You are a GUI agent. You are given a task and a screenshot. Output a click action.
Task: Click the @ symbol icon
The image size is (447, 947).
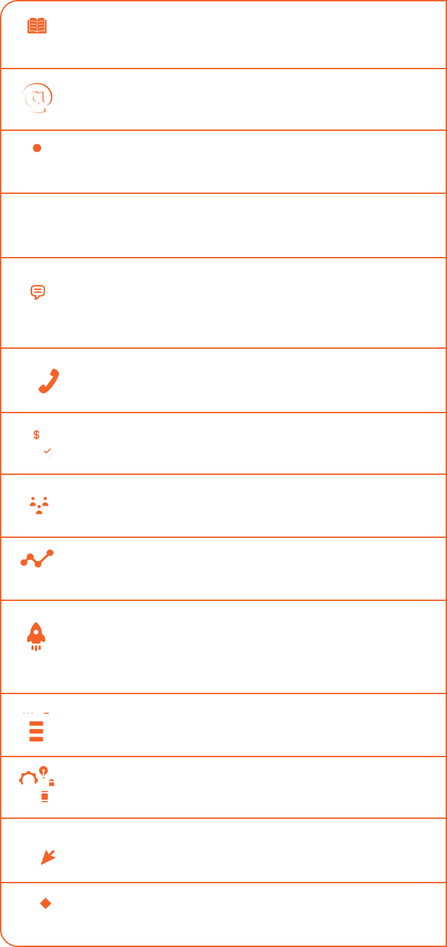coord(36,99)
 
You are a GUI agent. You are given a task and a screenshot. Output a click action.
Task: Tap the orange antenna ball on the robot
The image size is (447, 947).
coord(37,148)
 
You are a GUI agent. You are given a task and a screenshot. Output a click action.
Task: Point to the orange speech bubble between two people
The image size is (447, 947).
coord(38,291)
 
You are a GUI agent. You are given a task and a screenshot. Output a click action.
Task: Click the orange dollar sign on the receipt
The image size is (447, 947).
coord(36,434)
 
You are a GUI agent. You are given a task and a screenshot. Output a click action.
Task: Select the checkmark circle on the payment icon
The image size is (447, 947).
coord(47,451)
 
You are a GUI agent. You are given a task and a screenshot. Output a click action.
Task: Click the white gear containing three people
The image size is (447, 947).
coord(39,505)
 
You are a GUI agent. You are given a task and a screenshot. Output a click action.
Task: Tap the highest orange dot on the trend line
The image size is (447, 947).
coord(49,552)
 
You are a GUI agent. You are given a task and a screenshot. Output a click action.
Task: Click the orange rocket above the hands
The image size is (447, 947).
coord(36,636)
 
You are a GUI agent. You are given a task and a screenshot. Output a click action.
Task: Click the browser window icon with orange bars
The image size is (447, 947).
coord(36,724)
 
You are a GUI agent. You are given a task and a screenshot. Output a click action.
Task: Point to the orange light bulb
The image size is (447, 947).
coord(44,771)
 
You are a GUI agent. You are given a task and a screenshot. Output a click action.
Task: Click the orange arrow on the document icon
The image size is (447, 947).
coord(47,855)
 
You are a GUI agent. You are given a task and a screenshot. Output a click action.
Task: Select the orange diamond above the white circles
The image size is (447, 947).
coord(45,902)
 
